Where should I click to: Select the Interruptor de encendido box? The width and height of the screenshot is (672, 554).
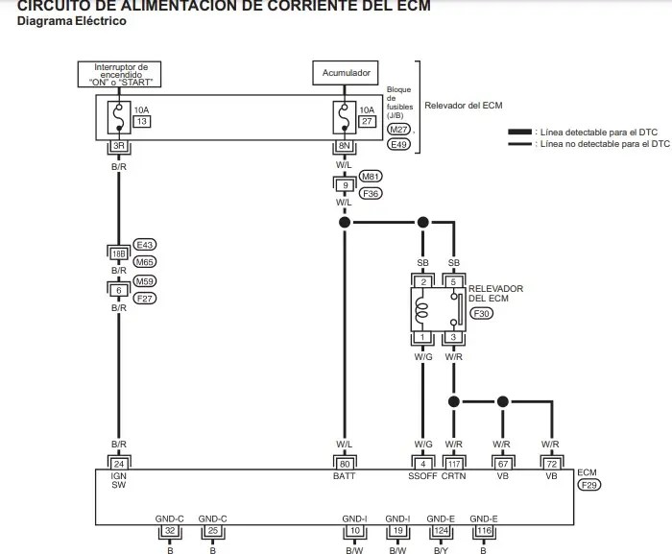[x=120, y=74]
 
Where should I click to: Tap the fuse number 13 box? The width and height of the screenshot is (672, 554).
[x=140, y=122]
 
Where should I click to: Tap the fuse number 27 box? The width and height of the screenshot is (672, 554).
[x=366, y=122]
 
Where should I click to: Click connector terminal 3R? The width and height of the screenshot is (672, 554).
[x=118, y=146]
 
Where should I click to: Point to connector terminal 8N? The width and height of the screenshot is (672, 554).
[x=343, y=146]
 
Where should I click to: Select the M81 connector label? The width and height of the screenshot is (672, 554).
[x=370, y=177]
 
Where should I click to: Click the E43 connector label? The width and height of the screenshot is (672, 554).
[x=145, y=244]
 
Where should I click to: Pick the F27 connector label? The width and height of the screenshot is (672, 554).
[x=145, y=299]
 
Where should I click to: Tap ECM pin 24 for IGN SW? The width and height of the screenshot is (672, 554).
[x=118, y=464]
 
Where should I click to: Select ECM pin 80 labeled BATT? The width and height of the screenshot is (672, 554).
[x=343, y=464]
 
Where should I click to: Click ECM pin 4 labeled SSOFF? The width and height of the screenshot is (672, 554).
[x=422, y=464]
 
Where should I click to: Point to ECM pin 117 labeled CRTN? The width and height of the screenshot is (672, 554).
[x=454, y=464]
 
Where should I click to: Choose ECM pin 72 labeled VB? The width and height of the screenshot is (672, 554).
[x=551, y=464]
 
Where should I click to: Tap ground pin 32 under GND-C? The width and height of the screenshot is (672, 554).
[x=169, y=530]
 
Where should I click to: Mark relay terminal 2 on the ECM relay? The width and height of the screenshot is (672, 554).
[x=422, y=281]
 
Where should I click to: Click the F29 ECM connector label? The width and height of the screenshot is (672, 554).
[x=588, y=486]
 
